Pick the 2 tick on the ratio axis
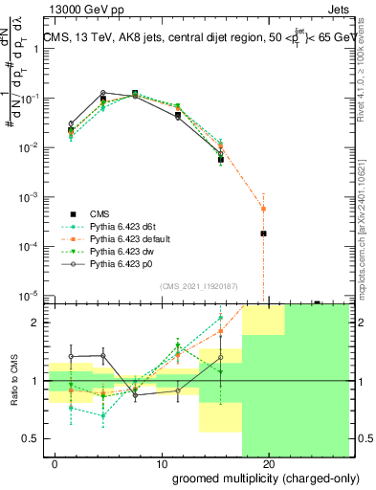[x=33, y=323]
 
